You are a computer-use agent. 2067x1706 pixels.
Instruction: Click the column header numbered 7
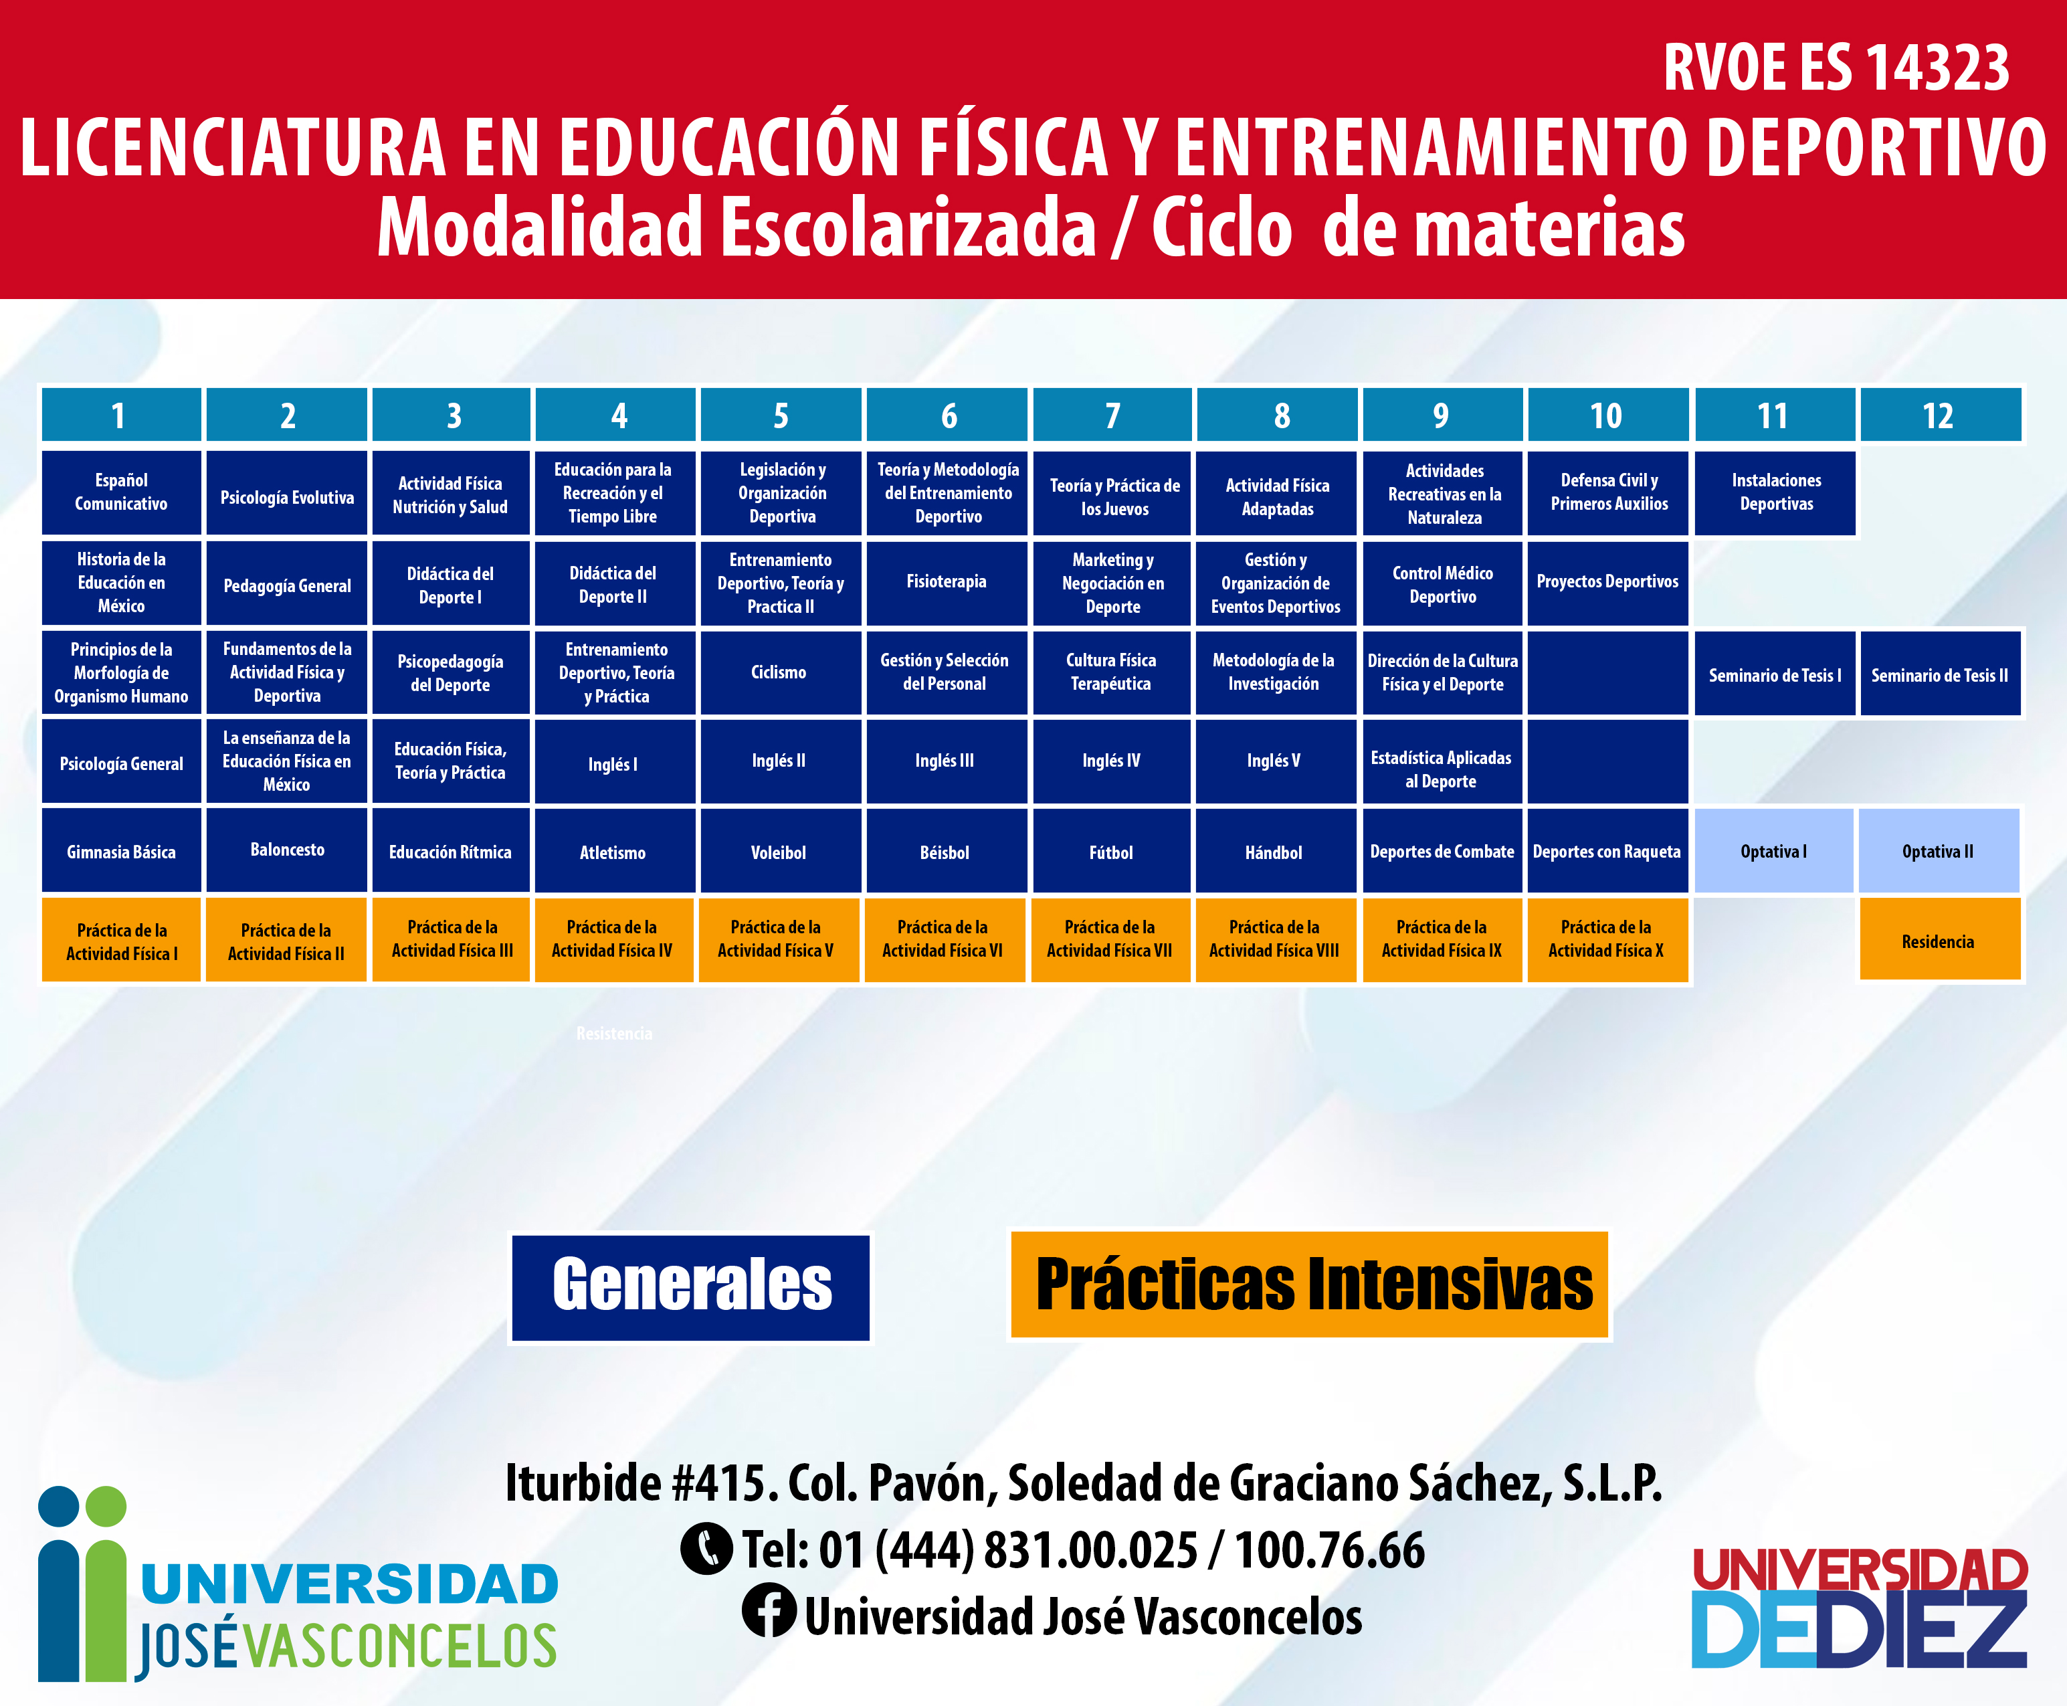1112,415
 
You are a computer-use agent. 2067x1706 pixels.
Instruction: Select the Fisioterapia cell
946,583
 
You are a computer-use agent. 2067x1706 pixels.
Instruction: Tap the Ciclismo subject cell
780,672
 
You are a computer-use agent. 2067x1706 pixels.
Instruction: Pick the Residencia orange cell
1939,941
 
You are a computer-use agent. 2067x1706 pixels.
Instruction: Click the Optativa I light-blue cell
1774,851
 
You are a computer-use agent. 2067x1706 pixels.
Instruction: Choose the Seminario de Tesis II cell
1939,674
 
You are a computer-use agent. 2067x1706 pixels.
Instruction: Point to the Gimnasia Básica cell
121,851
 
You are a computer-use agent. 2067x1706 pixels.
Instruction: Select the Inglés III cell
946,761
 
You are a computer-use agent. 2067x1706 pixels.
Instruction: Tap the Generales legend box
690,1287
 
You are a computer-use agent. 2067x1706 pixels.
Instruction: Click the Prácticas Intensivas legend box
1310,1285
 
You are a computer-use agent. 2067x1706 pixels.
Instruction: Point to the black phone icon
706,1549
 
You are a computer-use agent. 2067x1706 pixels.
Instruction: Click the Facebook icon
768,1611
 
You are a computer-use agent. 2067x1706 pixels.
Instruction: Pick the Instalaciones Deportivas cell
1775,493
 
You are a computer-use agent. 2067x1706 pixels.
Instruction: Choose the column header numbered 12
1939,415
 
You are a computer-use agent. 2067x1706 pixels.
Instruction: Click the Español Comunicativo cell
121,493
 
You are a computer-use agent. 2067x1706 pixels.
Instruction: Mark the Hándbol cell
1275,851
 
